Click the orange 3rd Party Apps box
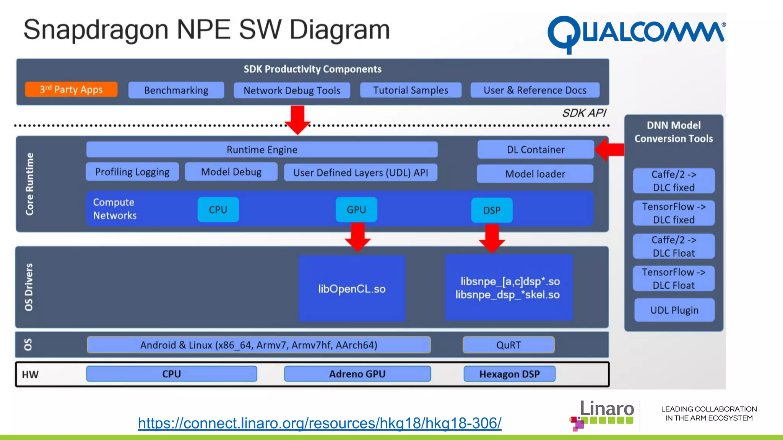coord(71,89)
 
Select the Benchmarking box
coord(176,90)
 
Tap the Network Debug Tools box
coord(292,91)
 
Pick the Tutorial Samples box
coord(411,90)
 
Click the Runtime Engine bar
coord(262,149)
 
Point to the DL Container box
coord(535,149)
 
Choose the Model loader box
coord(535,174)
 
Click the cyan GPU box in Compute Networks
coord(356,210)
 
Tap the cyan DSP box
coord(492,210)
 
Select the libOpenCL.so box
coord(352,289)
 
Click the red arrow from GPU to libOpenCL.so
coord(358,237)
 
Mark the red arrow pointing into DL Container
coord(611,149)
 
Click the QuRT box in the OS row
coord(508,345)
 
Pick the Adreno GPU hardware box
coord(357,374)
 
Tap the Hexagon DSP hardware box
coord(509,374)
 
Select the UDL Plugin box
coord(674,310)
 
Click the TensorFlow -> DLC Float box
coord(674,278)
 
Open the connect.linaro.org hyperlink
coord(320,423)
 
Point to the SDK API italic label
coord(584,113)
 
